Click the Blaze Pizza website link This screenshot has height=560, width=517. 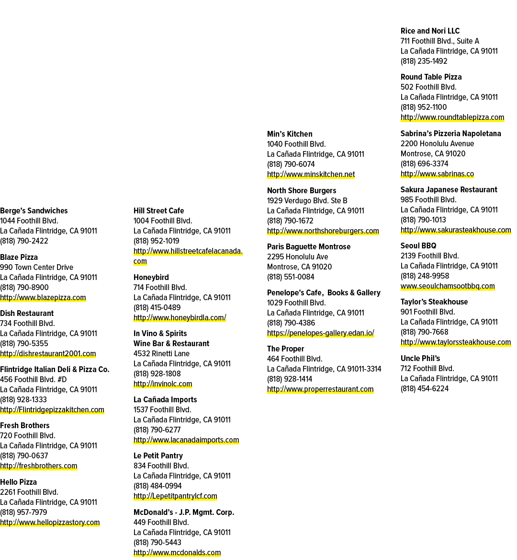(43, 297)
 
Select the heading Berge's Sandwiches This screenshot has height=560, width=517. (34, 210)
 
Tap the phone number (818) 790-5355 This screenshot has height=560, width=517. (24, 344)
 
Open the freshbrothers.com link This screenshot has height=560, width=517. (38, 466)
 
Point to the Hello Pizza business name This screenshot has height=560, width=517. (18, 482)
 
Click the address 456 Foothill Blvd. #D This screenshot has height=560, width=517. (33, 379)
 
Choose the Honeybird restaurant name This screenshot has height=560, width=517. (151, 278)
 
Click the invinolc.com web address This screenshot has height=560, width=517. (163, 384)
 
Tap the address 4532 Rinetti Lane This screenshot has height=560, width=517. (161, 353)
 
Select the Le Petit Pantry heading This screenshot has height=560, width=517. (158, 455)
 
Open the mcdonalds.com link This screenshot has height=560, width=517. (177, 552)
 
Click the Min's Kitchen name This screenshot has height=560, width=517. (290, 134)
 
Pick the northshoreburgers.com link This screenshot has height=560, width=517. (323, 231)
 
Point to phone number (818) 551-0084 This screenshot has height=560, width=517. (291, 277)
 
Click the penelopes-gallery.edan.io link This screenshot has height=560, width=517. (321, 333)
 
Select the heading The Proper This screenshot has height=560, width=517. (286, 349)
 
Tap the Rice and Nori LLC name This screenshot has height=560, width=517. (430, 31)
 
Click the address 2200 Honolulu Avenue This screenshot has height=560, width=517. (437, 143)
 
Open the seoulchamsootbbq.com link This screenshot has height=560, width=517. (448, 286)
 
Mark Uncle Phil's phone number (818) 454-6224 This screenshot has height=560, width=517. (424, 388)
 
